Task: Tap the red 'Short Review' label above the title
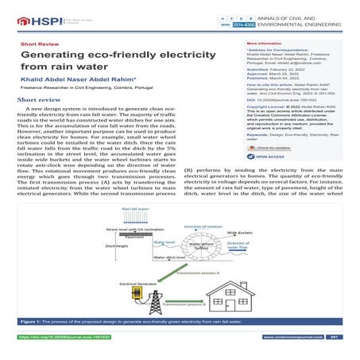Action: click(39, 43)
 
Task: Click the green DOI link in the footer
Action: click(56, 337)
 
